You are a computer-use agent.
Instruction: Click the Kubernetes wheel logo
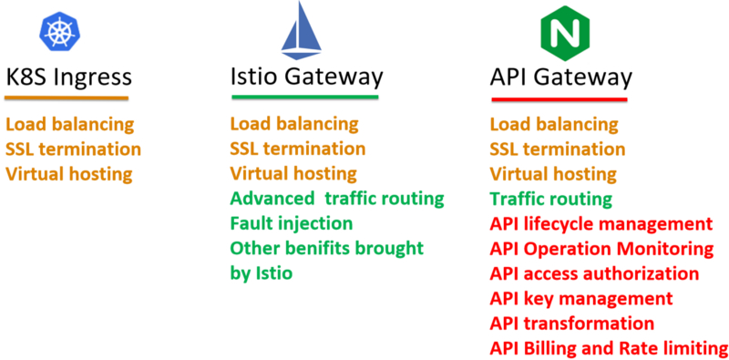(x=60, y=29)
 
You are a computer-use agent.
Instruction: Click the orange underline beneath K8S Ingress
(x=68, y=98)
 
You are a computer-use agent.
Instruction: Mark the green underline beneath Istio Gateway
(x=303, y=98)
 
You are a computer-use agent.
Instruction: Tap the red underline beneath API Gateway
(x=559, y=99)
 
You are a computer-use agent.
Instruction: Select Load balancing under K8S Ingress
(x=70, y=124)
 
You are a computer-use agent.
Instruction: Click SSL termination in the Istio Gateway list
(x=297, y=149)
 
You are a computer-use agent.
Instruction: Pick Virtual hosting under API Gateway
(x=553, y=173)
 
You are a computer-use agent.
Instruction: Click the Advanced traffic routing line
(x=336, y=198)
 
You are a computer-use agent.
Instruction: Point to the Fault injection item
(x=291, y=222)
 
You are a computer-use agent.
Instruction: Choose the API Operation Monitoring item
(x=601, y=248)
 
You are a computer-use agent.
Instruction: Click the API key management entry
(x=581, y=298)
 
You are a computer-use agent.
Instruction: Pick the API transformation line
(x=571, y=323)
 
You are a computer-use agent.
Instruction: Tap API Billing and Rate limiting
(x=609, y=347)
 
